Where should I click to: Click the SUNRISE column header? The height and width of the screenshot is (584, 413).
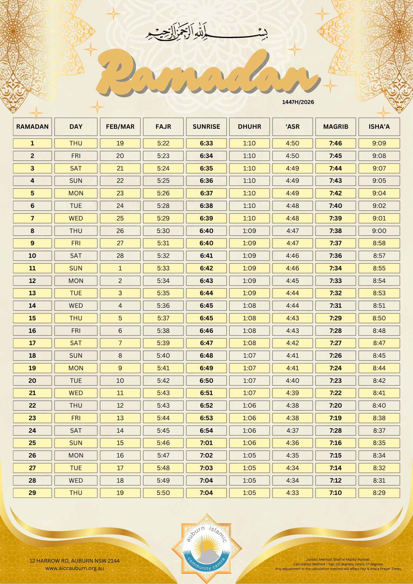click(206, 127)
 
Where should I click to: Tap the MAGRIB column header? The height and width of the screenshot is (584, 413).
click(336, 127)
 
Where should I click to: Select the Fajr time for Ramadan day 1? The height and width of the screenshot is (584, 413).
click(163, 143)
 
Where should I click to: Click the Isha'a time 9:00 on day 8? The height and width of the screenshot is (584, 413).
click(379, 231)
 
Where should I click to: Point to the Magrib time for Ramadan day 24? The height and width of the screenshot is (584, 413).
click(336, 431)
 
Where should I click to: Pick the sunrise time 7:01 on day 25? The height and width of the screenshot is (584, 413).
click(206, 443)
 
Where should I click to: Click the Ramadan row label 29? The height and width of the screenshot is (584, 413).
click(32, 493)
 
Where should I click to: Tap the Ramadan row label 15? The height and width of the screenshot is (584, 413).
click(32, 318)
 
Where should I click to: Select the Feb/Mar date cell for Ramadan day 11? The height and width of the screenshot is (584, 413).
click(120, 268)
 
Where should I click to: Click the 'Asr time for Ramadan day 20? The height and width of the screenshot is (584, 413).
click(292, 381)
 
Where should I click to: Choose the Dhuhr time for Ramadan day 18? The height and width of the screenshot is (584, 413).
click(249, 356)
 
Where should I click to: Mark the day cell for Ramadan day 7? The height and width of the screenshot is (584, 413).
click(76, 218)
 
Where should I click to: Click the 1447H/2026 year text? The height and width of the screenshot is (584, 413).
click(298, 102)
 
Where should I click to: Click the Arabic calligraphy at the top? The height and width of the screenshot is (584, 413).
click(207, 32)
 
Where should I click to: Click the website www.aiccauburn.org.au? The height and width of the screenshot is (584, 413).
click(74, 568)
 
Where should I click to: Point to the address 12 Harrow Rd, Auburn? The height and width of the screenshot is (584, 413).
click(74, 561)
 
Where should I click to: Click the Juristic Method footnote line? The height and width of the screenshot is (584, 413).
click(338, 559)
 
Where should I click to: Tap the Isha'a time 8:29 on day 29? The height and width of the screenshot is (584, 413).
click(379, 493)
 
